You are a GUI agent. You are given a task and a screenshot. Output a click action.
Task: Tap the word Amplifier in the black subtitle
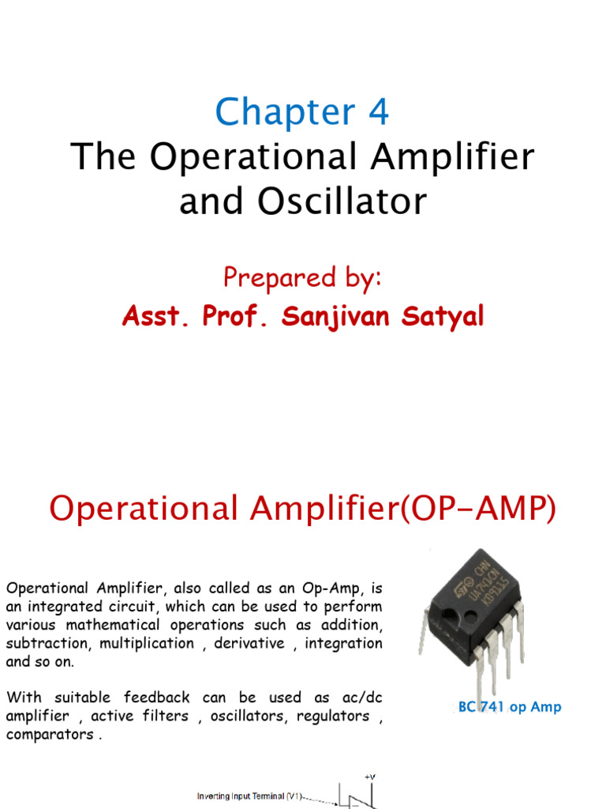[x=455, y=156]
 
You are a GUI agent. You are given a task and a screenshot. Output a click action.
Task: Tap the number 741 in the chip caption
[x=492, y=707]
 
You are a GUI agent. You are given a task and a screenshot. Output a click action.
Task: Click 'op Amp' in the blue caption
[x=535, y=707]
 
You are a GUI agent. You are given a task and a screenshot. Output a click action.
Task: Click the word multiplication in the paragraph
[x=145, y=643]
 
